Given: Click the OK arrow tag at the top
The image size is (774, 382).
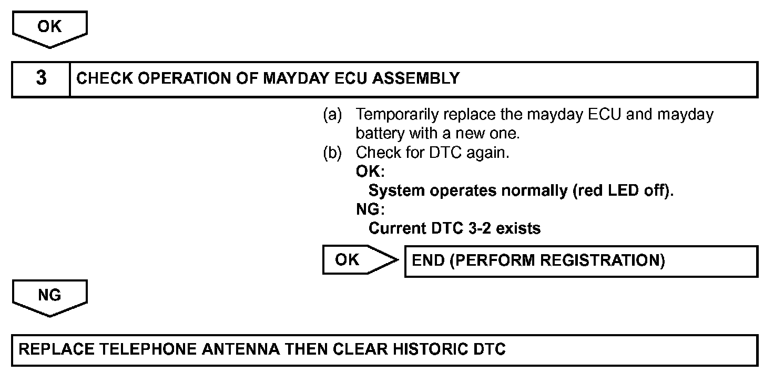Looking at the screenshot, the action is (50, 27).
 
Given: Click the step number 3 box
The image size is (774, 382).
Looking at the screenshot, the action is (41, 79).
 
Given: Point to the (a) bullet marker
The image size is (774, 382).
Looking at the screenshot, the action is (332, 115).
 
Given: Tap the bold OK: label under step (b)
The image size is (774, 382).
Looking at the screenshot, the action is (370, 172).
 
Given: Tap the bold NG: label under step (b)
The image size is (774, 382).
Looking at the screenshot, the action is (370, 210).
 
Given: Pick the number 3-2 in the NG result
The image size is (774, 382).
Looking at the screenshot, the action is (481, 229).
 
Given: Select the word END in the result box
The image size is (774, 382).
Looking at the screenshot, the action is (428, 261).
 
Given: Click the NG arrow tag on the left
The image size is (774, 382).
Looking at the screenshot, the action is (50, 296).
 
